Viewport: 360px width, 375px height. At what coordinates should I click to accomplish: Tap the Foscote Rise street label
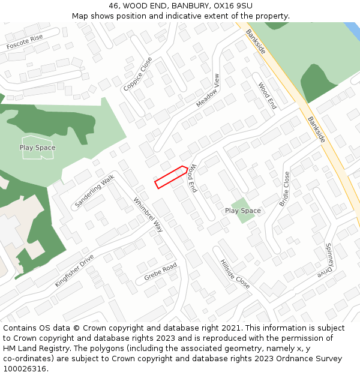(25, 42)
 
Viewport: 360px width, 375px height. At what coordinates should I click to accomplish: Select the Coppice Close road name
(138, 74)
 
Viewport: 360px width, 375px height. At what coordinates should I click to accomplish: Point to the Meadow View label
(208, 91)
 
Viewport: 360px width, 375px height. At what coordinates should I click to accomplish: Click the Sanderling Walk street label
(94, 191)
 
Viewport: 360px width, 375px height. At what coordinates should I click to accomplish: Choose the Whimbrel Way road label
(148, 215)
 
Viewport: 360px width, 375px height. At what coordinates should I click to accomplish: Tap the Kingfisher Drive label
(74, 271)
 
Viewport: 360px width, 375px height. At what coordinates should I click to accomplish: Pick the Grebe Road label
(160, 272)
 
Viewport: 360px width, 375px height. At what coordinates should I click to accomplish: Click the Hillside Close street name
(235, 274)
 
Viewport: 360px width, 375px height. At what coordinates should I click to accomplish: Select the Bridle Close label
(285, 189)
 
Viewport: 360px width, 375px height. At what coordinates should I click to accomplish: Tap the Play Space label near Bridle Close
(242, 211)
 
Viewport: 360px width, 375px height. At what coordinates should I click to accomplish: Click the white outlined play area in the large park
(38, 148)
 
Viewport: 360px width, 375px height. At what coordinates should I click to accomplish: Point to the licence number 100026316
(25, 368)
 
